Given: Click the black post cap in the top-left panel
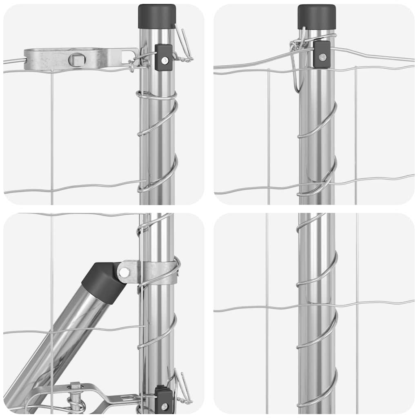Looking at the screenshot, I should pyautogui.click(x=157, y=16).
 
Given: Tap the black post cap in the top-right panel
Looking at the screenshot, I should pyautogui.click(x=317, y=16).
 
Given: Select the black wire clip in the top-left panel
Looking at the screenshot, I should pyautogui.click(x=164, y=57).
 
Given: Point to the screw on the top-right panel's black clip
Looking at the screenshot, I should pyautogui.click(x=322, y=57).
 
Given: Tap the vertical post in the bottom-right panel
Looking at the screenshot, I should pyautogui.click(x=317, y=347).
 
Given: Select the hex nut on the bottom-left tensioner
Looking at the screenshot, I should pyautogui.click(x=75, y=385).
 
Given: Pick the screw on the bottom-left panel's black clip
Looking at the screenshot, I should pyautogui.click(x=164, y=406).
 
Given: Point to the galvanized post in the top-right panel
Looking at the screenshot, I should pyautogui.click(x=317, y=135).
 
